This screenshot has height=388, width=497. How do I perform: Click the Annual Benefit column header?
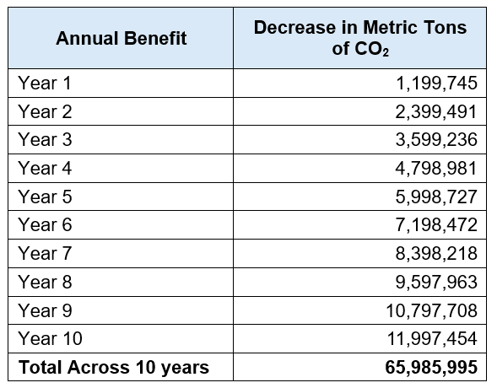(121, 38)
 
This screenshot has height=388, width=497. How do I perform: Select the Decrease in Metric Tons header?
(360, 38)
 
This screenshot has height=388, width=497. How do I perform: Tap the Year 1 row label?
(45, 83)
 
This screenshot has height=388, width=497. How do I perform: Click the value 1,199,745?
(436, 84)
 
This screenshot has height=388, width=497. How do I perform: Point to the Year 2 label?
(45, 111)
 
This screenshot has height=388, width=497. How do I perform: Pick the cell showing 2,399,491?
(436, 112)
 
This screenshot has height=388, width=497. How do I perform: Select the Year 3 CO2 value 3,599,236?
(436, 140)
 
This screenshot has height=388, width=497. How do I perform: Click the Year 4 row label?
(45, 168)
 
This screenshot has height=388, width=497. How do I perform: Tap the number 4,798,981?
(436, 168)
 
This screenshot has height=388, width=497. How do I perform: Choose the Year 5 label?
(45, 197)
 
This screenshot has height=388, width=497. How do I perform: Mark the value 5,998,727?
(436, 197)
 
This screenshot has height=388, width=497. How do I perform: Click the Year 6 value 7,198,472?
(436, 225)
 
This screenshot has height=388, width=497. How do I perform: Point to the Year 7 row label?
(45, 253)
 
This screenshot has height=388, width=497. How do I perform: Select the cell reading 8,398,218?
(436, 253)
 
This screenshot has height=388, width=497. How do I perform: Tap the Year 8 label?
(45, 282)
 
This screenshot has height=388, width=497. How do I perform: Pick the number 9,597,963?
(436, 282)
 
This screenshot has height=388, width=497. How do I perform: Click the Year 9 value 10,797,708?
(432, 310)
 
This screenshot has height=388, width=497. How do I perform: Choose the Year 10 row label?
(50, 338)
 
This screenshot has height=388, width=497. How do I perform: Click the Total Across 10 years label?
(114, 368)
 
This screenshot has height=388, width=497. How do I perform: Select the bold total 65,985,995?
(431, 368)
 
